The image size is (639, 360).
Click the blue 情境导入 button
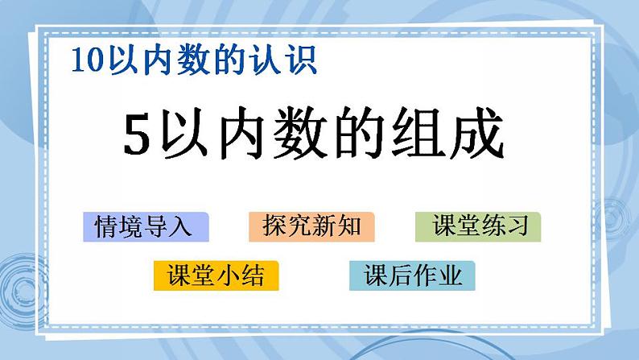coord(146,227)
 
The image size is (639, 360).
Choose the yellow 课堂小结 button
coord(215,276)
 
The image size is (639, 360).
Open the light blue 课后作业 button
coord(412,276)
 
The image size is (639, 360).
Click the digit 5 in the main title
coord(138,136)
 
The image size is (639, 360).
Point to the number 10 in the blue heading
coord(84,60)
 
